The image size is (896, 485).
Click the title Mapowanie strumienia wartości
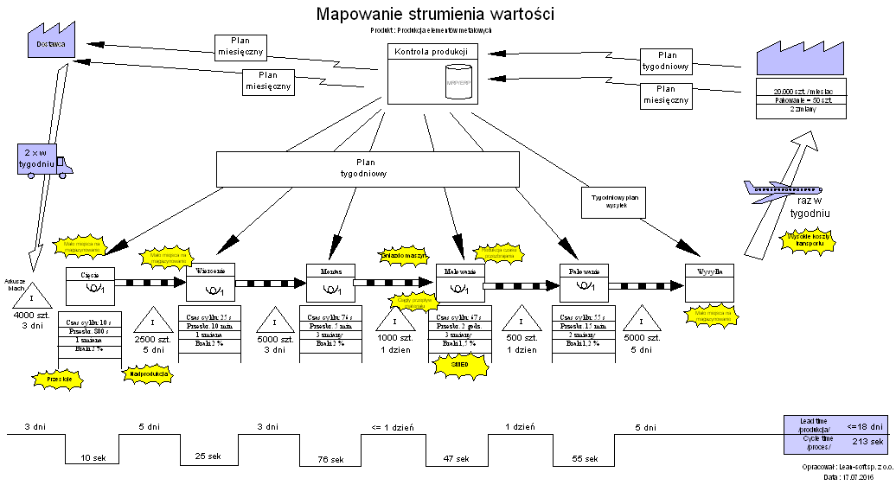point(435,14)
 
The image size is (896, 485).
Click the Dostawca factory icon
point(52,41)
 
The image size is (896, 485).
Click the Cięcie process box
point(90,284)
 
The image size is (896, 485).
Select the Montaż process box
point(331,281)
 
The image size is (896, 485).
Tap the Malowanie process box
point(459,282)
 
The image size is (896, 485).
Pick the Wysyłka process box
point(709,282)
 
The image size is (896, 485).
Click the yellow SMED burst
point(460,365)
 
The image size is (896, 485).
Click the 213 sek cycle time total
point(866,443)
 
